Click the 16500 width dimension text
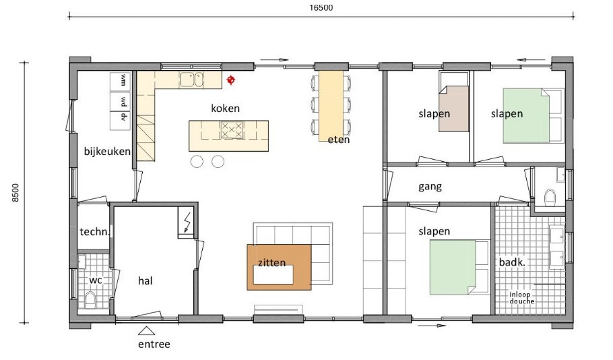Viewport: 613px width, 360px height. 322,8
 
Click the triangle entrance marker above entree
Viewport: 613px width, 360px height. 146,330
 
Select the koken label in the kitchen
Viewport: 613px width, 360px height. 225,108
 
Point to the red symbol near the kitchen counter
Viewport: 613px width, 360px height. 231,80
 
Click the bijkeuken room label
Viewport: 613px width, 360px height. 106,152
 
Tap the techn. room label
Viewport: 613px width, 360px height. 94,231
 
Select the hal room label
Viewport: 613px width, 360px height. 146,280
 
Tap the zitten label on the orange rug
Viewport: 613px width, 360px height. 271,262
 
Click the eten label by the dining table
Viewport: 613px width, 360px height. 339,140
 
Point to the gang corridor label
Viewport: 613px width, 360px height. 430,186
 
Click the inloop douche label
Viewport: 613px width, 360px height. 523,297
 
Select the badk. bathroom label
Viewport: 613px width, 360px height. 511,262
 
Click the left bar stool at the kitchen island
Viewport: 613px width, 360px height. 197,161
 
